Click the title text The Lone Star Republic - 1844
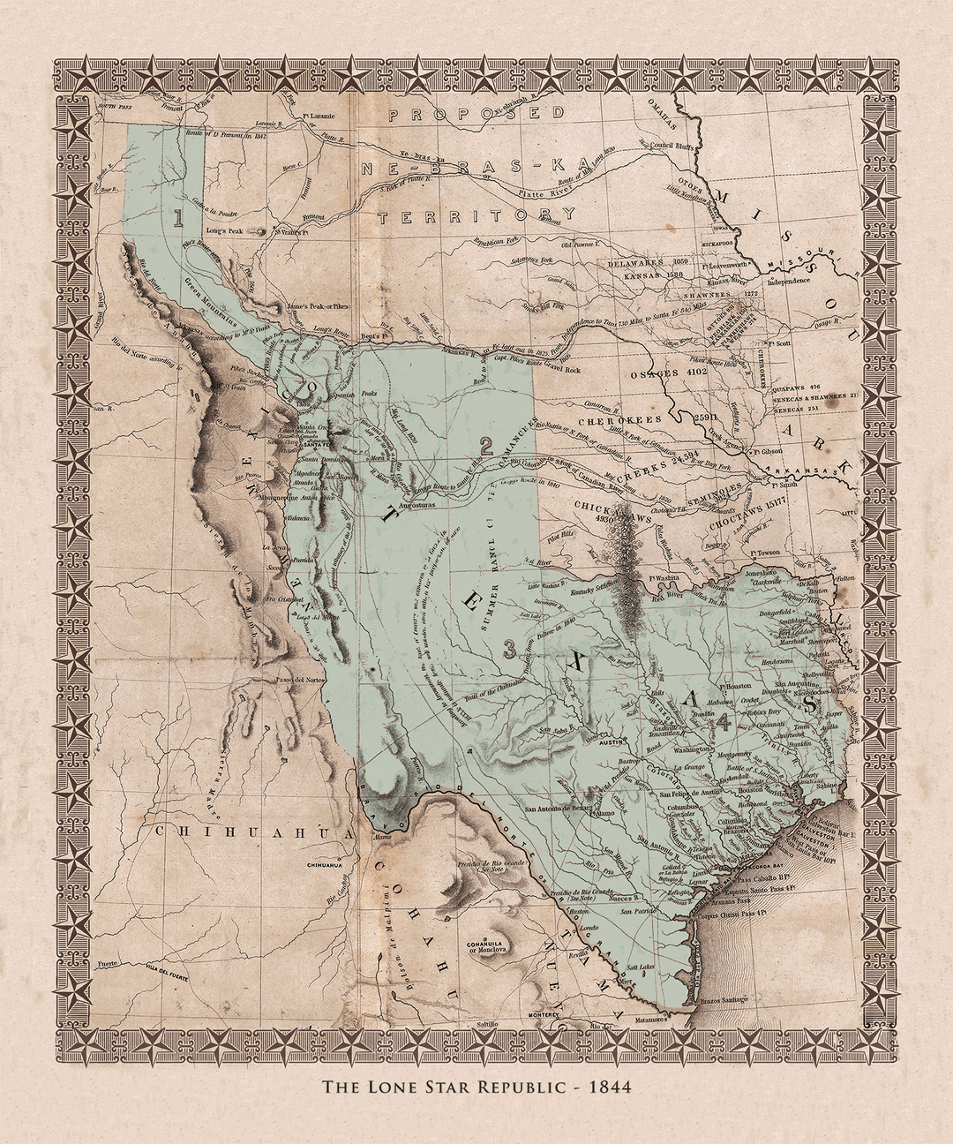(476, 1087)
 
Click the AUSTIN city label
(612, 743)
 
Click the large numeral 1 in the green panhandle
(179, 216)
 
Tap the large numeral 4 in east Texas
(724, 722)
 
